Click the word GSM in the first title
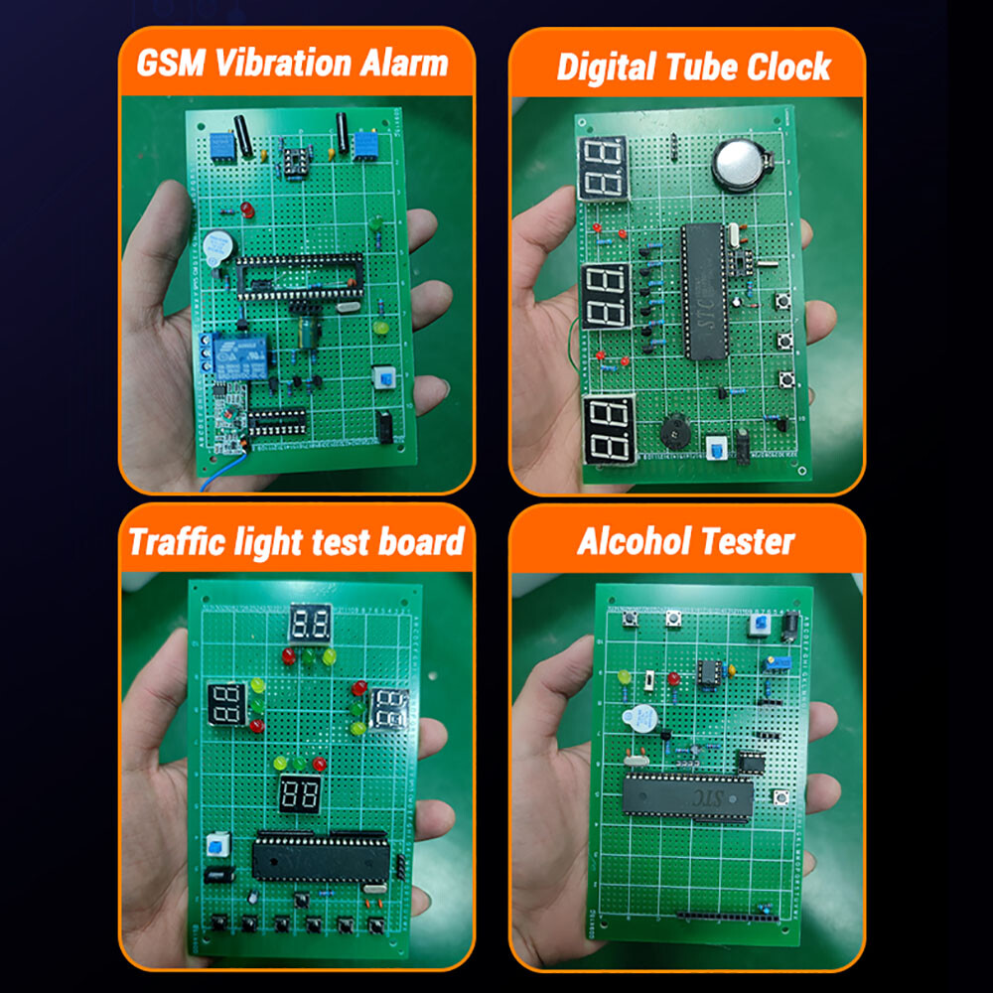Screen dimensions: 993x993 click(x=172, y=65)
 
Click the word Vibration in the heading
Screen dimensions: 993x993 click(x=280, y=65)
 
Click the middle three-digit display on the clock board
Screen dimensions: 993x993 click(x=607, y=295)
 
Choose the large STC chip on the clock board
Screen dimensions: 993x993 click(x=703, y=290)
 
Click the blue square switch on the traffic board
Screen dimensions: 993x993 click(x=215, y=847)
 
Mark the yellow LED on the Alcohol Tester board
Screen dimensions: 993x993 click(x=625, y=677)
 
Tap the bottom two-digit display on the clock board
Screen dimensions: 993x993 click(x=608, y=428)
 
